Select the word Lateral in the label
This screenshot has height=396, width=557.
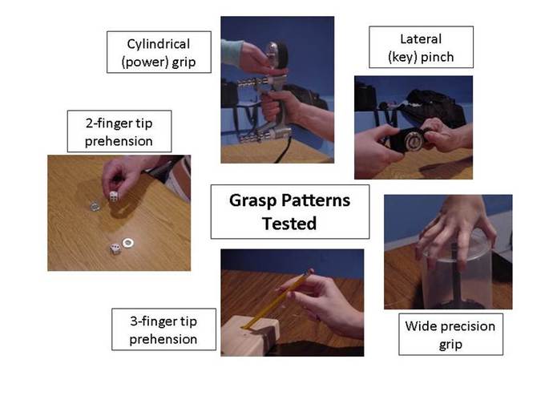coord(421,38)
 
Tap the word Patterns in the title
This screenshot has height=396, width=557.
coord(313,200)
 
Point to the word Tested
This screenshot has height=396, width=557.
coord(289,223)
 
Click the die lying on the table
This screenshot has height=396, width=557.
coord(115,249)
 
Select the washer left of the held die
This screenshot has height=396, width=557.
coord(94,205)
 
